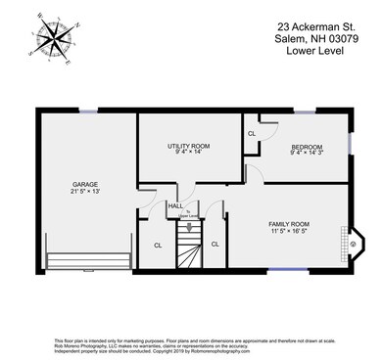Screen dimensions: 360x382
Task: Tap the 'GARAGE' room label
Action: (84, 183)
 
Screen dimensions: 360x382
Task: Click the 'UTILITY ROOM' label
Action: (189, 146)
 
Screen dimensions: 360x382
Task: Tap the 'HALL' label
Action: (175, 205)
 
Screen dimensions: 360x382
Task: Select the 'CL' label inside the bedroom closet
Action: (252, 133)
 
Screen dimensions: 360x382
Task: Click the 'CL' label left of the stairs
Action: (158, 245)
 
